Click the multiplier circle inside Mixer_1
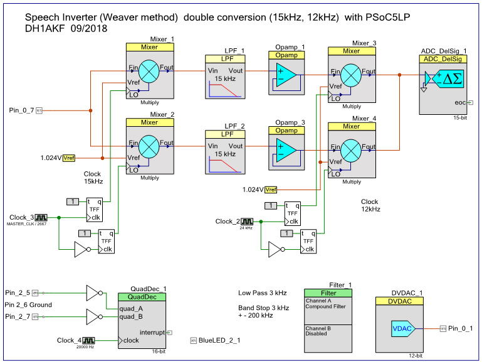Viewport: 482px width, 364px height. click(149, 72)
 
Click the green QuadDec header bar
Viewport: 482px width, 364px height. click(142, 297)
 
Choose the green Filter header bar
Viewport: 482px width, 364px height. click(328, 292)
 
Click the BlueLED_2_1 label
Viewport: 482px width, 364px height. click(219, 341)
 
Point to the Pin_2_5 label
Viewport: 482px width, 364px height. click(18, 292)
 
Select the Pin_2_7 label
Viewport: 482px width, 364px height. click(18, 316)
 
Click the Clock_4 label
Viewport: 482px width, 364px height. click(70, 340)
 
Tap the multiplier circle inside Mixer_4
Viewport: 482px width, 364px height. click(351, 149)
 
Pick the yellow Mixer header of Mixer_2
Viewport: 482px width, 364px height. click(150, 123)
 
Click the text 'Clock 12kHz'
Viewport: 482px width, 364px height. click(370, 205)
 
